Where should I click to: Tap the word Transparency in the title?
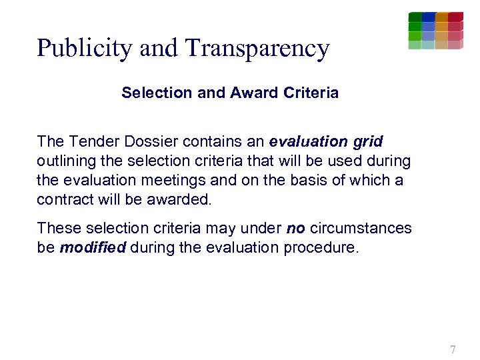tap(257, 49)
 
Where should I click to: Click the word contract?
tap(61, 200)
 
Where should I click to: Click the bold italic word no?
tap(295, 228)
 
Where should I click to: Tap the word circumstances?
tap(361, 228)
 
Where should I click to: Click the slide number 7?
tap(453, 349)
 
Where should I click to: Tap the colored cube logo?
tap(435, 31)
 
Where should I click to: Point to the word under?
tap(265, 228)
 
